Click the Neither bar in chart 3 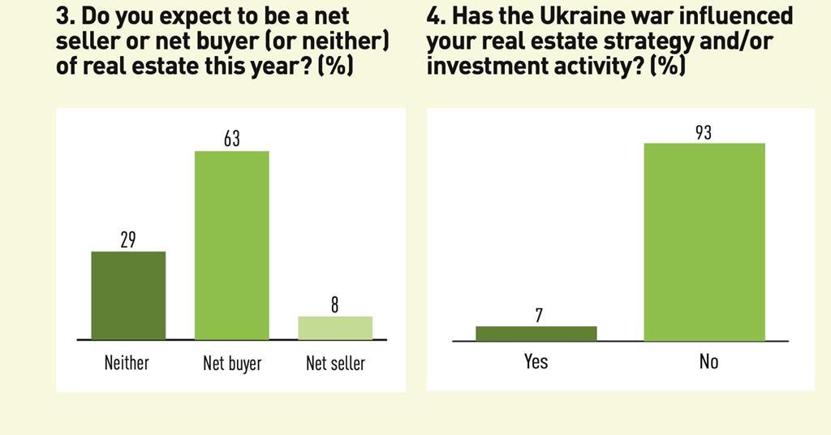click(x=128, y=295)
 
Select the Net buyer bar click(x=231, y=245)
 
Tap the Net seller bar click(x=335, y=328)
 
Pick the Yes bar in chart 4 click(x=536, y=334)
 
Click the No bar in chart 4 click(x=704, y=242)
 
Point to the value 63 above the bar click(x=232, y=139)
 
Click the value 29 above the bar click(x=128, y=239)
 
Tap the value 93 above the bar click(x=704, y=131)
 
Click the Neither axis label click(x=127, y=362)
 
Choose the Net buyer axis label click(x=232, y=363)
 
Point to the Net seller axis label click(x=335, y=363)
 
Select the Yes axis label click(x=536, y=360)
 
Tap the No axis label click(x=708, y=360)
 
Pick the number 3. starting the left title click(x=65, y=15)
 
